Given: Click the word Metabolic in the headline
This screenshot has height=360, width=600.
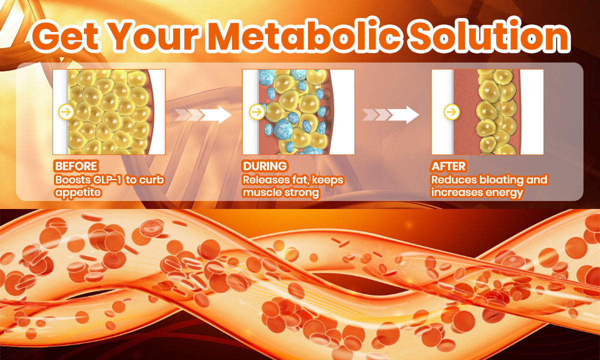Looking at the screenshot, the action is point(305,36).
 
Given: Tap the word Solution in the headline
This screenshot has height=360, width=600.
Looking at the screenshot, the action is point(489,35).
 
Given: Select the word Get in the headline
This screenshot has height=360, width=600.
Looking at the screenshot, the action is point(65,36).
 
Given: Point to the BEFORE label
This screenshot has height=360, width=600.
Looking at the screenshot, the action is point(76,166).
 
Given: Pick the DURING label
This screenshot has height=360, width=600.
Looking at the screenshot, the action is point(265,166).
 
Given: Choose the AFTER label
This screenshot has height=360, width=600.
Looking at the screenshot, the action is point(448,166).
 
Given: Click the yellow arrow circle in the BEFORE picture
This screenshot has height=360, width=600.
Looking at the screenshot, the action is point(66,111).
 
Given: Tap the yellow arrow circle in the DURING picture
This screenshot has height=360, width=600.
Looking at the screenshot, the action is point(257,111).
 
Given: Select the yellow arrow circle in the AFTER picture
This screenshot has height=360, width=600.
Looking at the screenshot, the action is point(451,111).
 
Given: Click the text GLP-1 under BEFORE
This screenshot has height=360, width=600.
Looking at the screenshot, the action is point(107,180).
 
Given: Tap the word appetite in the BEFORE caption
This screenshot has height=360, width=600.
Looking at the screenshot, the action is point(78,193).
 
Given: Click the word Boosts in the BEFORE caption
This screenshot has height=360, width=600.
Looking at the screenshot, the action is point(72,180).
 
